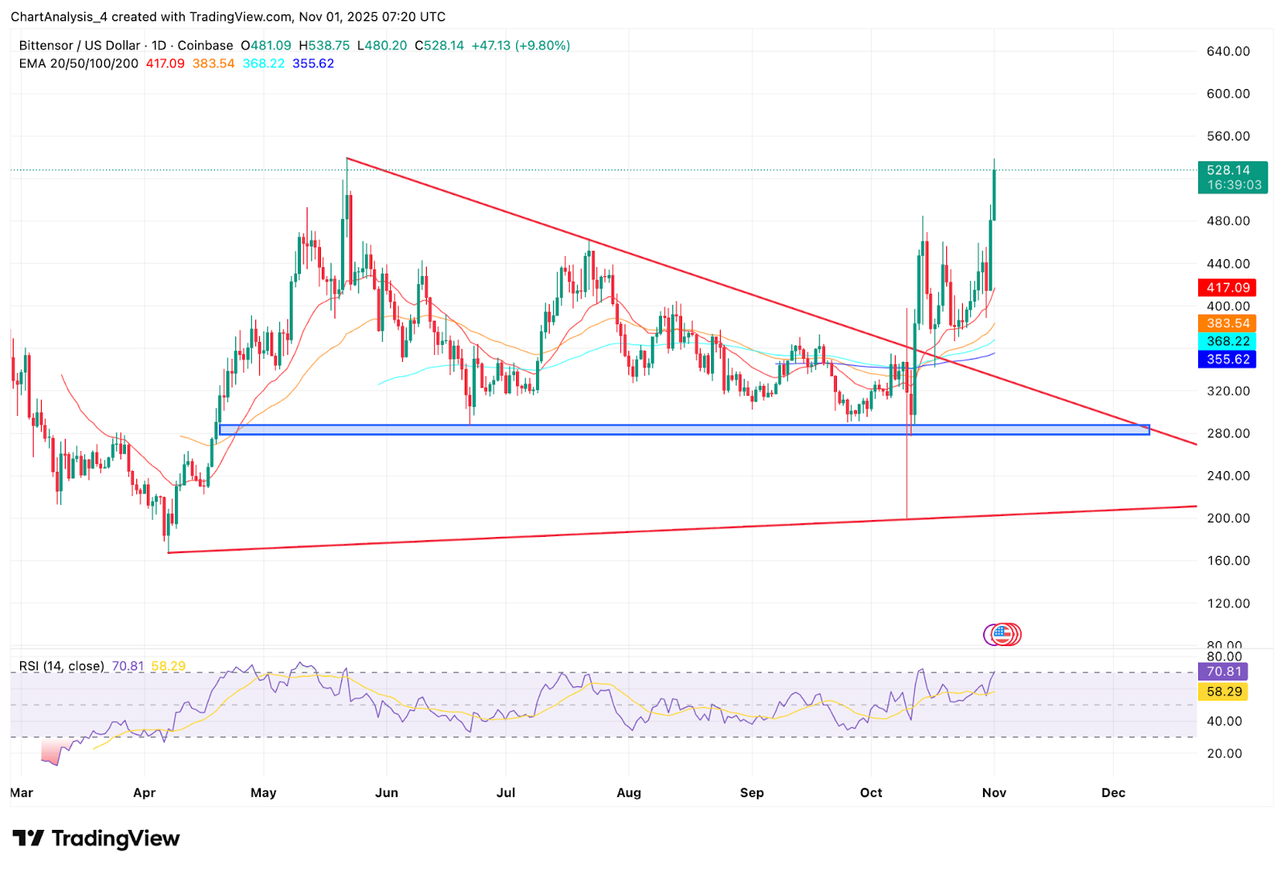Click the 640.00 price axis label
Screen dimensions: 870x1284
tap(1228, 51)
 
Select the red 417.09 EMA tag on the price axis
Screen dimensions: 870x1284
tap(1228, 287)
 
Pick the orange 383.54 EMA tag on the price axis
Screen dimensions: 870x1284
tap(1228, 323)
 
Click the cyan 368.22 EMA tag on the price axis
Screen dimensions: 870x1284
tap(1228, 341)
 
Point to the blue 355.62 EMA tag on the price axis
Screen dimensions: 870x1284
tap(1228, 360)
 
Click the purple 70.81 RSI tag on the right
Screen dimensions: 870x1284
tap(1224, 672)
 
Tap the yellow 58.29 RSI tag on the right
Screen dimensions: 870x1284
tap(1224, 692)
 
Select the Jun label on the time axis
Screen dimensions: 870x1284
tap(387, 793)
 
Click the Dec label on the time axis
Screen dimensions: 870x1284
tap(1113, 793)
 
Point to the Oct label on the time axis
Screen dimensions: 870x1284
tap(871, 793)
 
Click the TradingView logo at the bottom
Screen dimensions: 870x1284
tap(95, 839)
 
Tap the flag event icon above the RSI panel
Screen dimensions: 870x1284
tap(1003, 635)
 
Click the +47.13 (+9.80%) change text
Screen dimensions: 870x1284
tap(521, 46)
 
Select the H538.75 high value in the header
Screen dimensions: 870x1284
tap(324, 46)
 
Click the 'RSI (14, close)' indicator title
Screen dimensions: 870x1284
tap(62, 666)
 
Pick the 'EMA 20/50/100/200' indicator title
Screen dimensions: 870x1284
tap(79, 63)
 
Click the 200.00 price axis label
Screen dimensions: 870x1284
tap(1228, 518)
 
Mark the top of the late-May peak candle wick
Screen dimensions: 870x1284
tap(347, 159)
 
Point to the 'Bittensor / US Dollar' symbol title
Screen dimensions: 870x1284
tap(79, 46)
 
